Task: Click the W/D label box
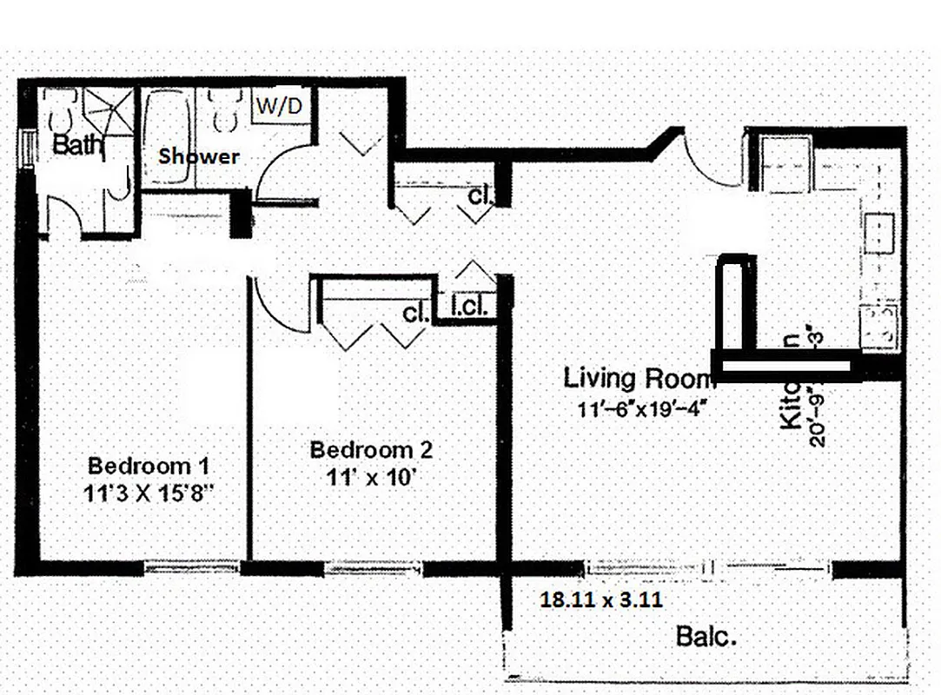pyautogui.click(x=277, y=108)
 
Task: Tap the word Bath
pyautogui.click(x=76, y=145)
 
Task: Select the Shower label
pyautogui.click(x=198, y=156)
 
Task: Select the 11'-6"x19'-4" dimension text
pyautogui.click(x=644, y=407)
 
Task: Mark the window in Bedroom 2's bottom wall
pyautogui.click(x=373, y=568)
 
